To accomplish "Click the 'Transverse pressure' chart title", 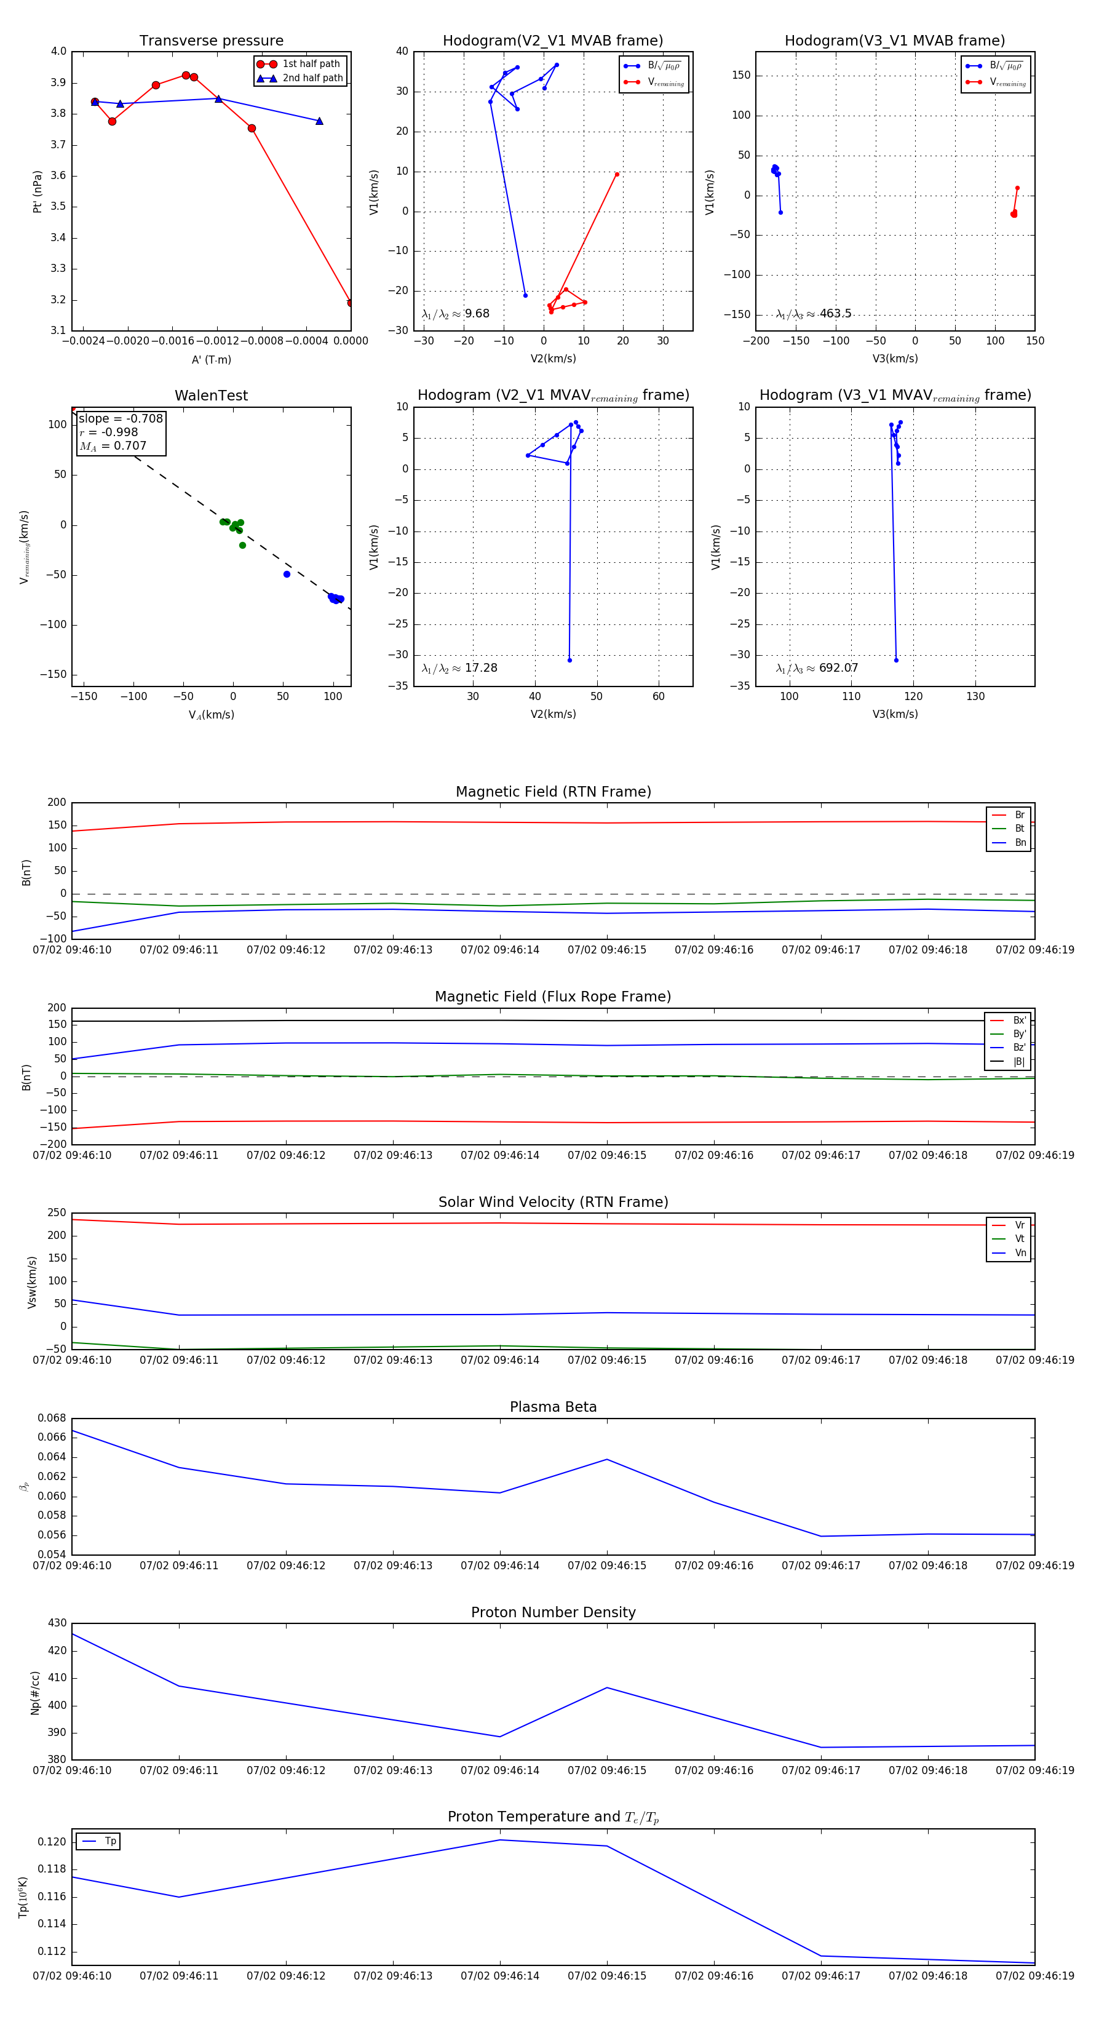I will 211,41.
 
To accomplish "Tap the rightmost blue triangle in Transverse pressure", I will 319,121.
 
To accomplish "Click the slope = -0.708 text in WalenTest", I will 121,418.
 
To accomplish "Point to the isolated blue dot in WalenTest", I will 287,575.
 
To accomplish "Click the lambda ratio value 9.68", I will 477,314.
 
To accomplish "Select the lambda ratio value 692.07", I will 838,668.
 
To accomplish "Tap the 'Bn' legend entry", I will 1020,842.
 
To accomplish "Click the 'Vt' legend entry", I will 1020,1239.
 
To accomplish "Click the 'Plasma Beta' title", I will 553,1407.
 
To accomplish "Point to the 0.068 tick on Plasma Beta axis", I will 52,1418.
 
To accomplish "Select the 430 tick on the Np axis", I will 57,1623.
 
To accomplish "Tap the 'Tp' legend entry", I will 109,1842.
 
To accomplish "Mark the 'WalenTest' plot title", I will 211,396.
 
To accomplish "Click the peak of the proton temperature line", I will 499,1840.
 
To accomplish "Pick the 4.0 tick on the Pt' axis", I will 58,51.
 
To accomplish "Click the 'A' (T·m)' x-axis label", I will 211,359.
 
